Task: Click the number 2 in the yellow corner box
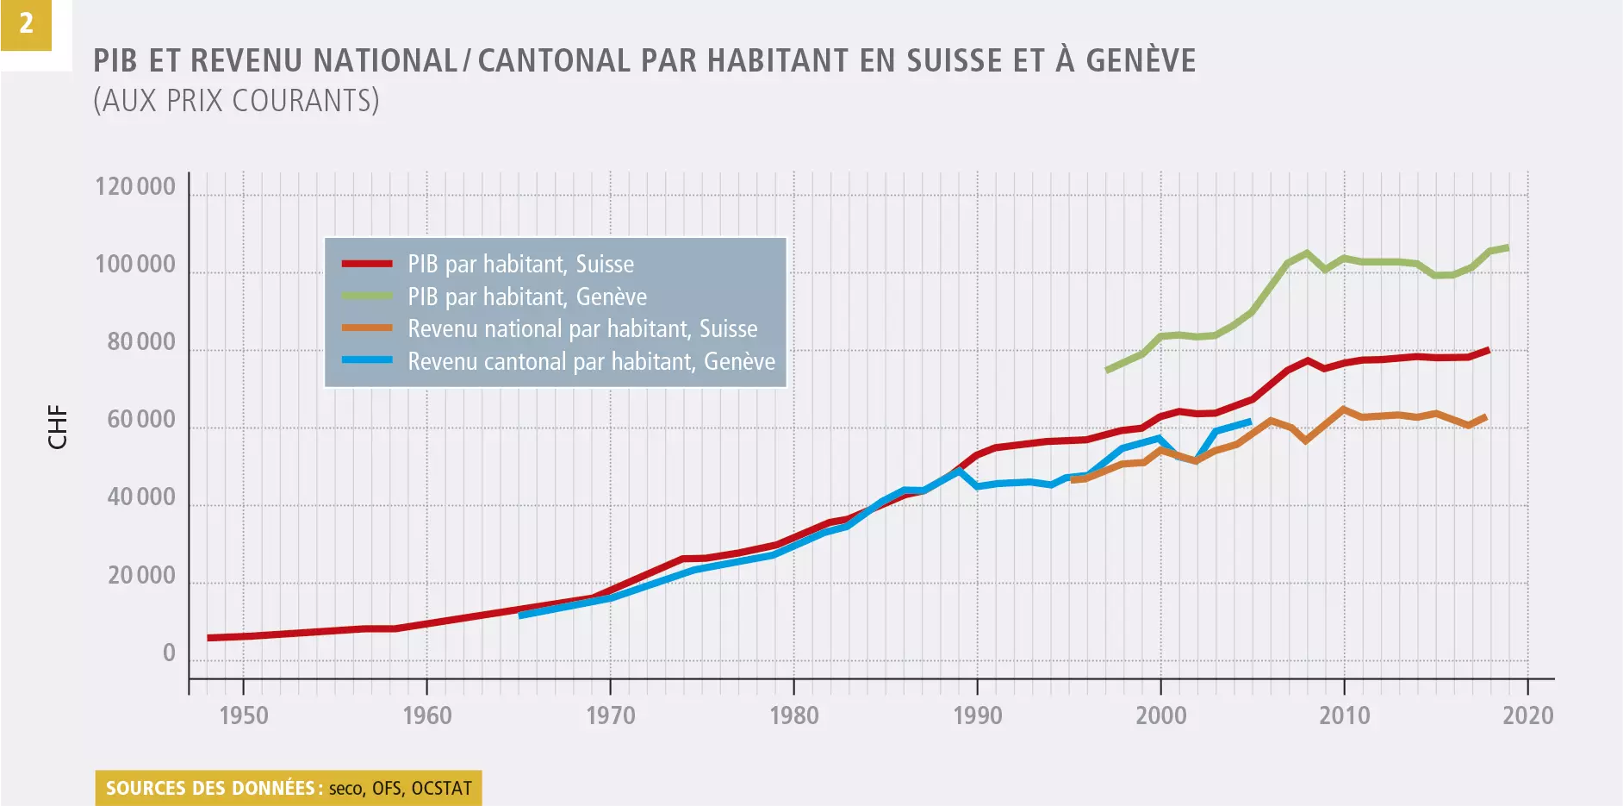point(26,23)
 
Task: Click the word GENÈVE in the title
point(1141,60)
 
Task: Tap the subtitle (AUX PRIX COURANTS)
point(236,101)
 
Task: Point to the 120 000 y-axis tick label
point(135,187)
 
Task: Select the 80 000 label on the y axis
point(141,342)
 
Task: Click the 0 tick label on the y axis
point(169,653)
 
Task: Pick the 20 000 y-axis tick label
point(141,576)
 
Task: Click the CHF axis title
point(58,427)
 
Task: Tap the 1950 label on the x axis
point(244,715)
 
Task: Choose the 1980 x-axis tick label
point(794,715)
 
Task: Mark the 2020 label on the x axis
point(1528,715)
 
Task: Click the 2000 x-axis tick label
point(1161,715)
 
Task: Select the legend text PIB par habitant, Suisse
point(520,264)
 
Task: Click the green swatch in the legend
point(367,296)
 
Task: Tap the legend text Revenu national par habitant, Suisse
point(582,328)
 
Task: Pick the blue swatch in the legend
point(367,360)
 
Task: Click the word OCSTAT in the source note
point(442,788)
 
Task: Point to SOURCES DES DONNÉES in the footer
point(210,788)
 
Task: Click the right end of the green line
point(1508,247)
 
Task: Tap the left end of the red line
point(209,638)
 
